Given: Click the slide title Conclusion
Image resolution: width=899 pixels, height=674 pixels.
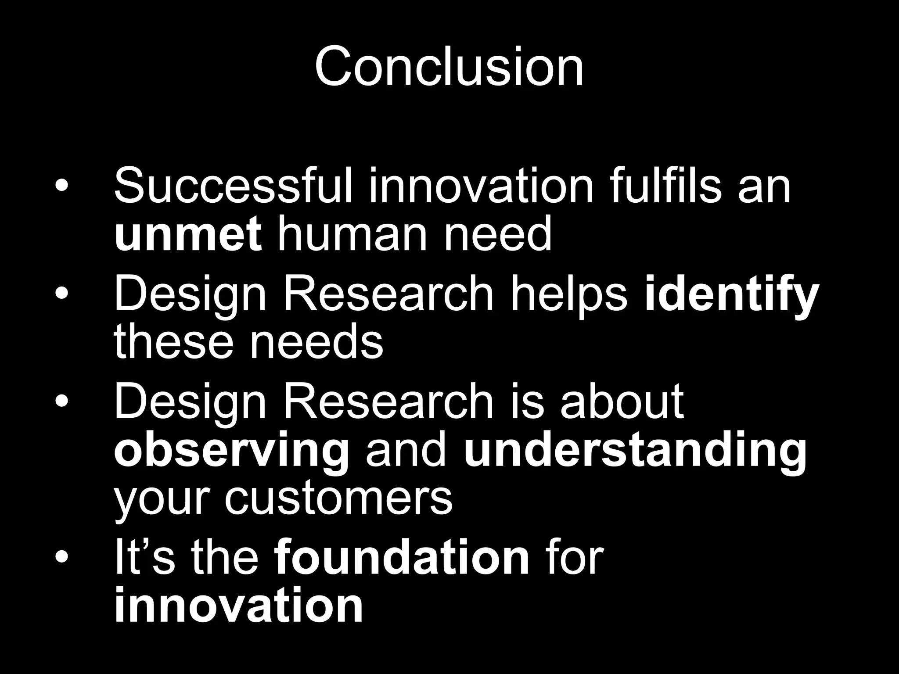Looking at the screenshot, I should coord(449,67).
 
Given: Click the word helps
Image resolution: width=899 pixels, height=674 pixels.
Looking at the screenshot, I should coord(568,294).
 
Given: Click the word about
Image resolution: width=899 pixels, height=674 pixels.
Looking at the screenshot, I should coord(622,401).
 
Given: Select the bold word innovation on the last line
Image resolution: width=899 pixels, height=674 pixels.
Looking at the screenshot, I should coord(238,606).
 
